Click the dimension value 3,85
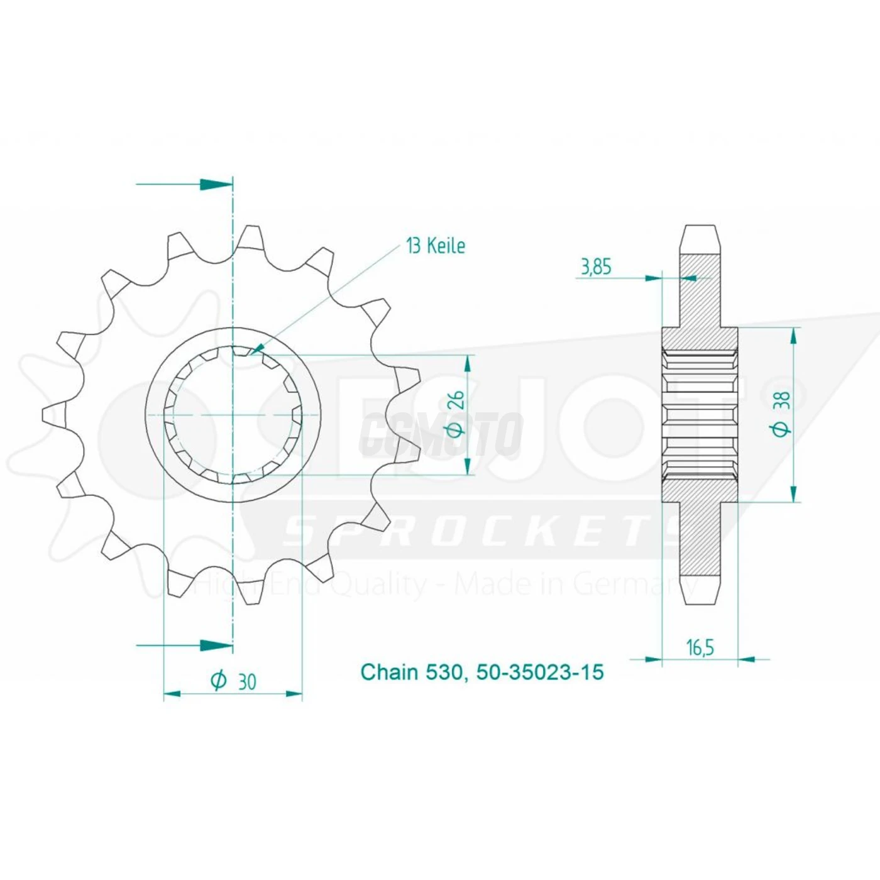coord(595,267)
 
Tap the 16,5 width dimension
coord(700,647)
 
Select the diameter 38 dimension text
coord(782,413)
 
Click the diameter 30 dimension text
coord(234,681)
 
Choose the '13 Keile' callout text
coord(436,246)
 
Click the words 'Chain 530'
coord(412,672)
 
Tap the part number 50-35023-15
coord(540,672)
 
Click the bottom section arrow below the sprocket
coord(216,645)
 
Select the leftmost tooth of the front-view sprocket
coord(54,414)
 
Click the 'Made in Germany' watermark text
coord(575,585)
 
